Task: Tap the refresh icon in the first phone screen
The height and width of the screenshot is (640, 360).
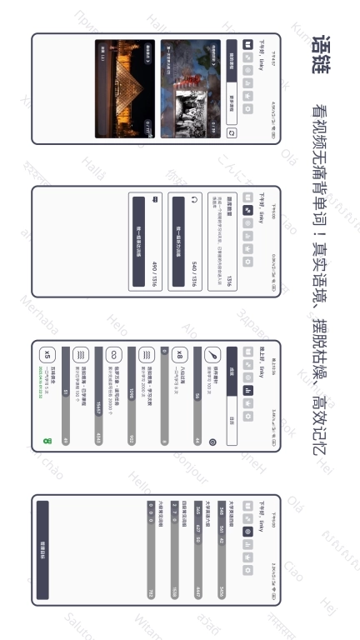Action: [x=232, y=132]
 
